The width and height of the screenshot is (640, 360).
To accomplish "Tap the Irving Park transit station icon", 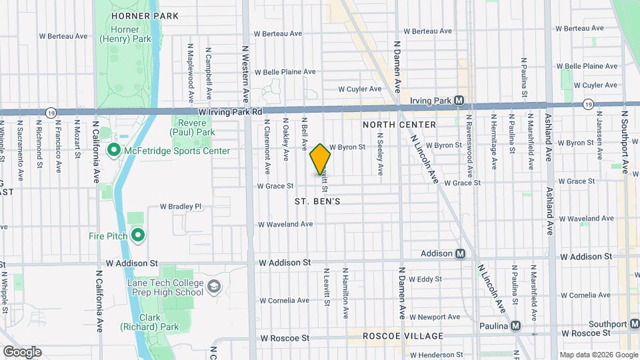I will pos(459,101).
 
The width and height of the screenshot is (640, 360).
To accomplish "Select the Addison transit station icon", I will pos(460,253).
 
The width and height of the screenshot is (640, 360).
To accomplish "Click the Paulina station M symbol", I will pos(515,326).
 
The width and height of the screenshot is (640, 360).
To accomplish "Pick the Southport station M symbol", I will pos(634,324).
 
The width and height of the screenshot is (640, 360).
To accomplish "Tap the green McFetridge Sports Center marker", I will pos(113,151).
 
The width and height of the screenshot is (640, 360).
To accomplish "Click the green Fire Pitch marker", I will pos(139,235).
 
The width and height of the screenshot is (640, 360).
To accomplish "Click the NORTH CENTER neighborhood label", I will pos(399,125).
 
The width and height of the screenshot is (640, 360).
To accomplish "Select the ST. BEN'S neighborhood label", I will pos(318,201).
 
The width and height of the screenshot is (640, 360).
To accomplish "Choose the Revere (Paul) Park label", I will pos(194,128).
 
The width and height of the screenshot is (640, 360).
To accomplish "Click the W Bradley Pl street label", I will pos(180,207).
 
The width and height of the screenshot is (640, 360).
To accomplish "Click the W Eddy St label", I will pos(425,279).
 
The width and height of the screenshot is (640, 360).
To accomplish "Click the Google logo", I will pos(21,351).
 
